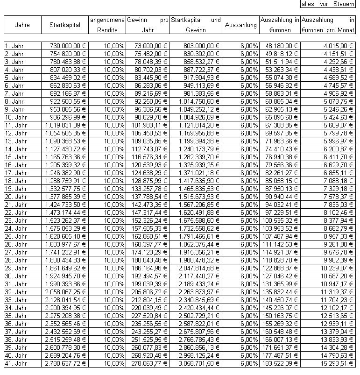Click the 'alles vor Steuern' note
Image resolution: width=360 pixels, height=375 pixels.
[x=327, y=4]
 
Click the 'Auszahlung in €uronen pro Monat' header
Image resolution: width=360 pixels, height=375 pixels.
[x=328, y=25]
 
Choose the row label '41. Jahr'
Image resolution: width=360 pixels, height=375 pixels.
[x=15, y=363]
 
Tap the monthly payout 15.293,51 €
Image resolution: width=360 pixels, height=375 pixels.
[x=334, y=363]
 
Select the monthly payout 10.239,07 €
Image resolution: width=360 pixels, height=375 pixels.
[x=334, y=268]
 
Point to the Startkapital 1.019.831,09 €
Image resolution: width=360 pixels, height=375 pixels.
[x=66, y=125]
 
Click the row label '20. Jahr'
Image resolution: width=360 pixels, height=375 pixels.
[x=15, y=197]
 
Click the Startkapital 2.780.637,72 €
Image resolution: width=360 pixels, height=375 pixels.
[x=66, y=363]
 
